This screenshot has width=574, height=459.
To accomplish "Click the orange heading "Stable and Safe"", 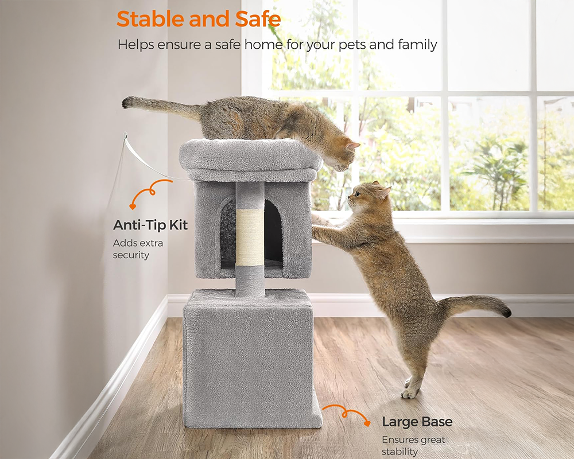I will [x=199, y=19].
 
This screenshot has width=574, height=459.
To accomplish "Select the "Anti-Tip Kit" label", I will [x=150, y=225].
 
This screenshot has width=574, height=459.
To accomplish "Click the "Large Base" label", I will [x=417, y=422].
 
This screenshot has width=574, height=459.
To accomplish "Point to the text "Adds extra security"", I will [x=138, y=249].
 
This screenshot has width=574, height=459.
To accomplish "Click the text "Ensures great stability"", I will [x=413, y=446].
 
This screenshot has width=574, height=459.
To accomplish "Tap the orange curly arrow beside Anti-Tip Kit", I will [x=151, y=192].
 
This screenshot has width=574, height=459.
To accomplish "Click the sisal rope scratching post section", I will [x=250, y=237].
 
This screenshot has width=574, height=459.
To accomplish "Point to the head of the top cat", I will [x=343, y=152].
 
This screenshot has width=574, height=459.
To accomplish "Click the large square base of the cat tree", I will [x=247, y=356].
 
